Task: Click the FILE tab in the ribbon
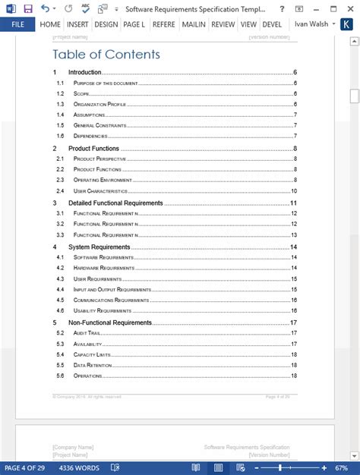coord(17,24)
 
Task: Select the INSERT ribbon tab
coord(77,24)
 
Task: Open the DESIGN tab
coord(106,24)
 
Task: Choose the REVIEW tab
coord(223,24)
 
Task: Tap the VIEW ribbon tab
coord(248,24)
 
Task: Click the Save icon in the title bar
coord(28,8)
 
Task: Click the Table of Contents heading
coord(106,54)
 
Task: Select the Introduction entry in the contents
coord(84,72)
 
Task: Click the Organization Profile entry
coord(99,104)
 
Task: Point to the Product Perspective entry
coord(99,159)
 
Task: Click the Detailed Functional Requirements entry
coord(115,203)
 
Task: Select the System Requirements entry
coord(99,247)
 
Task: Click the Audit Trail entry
coord(88,333)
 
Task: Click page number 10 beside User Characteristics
coord(293,191)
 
